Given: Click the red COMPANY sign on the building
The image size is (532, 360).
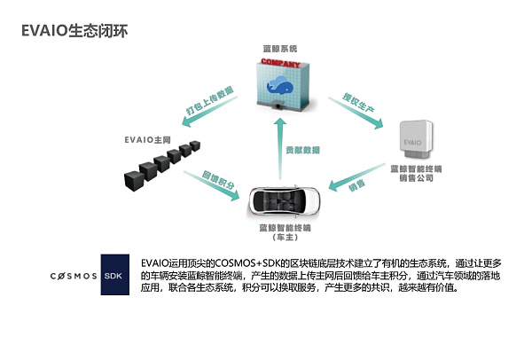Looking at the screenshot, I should pyautogui.click(x=281, y=63).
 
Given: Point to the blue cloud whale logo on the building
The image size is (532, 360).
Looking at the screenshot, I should pyautogui.click(x=281, y=85).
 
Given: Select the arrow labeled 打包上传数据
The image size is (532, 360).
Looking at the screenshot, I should pyautogui.click(x=210, y=102).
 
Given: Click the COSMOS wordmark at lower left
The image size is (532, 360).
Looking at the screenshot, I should pyautogui.click(x=71, y=276).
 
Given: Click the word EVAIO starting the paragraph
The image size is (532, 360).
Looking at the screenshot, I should pyautogui.click(x=156, y=263).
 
